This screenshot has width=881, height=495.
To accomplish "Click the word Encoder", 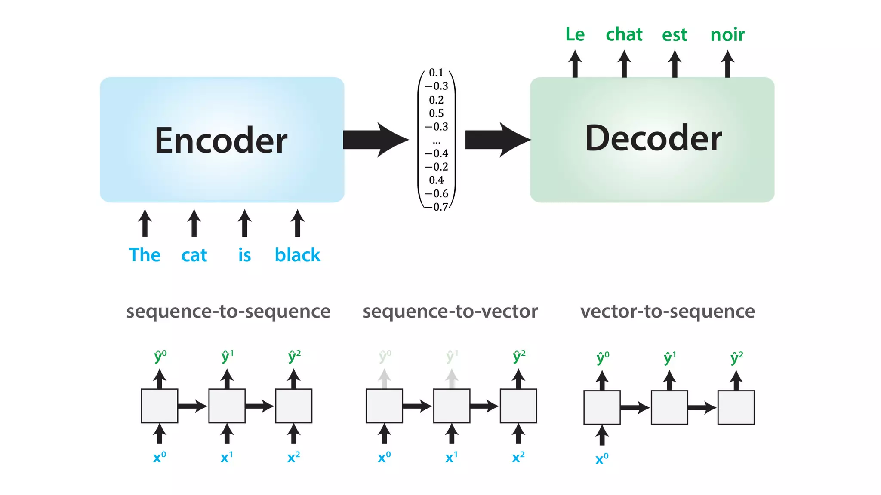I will point(221,141).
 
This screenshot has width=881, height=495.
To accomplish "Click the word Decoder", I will point(653,138).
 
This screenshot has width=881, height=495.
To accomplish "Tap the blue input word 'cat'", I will point(194,255).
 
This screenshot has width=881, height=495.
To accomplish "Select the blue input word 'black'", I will point(297,255).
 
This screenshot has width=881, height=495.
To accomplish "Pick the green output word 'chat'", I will point(624,34).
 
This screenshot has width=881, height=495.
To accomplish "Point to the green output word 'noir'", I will point(727,35).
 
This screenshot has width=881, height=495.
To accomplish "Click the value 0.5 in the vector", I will point(436,113).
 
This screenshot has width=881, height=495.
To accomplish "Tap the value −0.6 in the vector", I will point(436,194).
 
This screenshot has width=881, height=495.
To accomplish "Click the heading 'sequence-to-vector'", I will point(450,311).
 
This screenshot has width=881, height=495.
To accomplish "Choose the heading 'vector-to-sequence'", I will point(667,311).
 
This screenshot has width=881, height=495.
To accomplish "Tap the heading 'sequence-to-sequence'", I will point(228,311).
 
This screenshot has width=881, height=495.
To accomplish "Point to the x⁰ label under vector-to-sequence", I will point(602,459).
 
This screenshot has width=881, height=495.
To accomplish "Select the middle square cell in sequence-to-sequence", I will point(227,406).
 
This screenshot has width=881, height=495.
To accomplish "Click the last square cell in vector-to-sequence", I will point(736,407).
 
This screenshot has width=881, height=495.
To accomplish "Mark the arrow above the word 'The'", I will point(145,223).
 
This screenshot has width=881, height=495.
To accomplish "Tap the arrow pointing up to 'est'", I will point(675,64).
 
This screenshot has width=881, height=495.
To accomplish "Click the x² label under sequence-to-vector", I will point(518,457).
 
